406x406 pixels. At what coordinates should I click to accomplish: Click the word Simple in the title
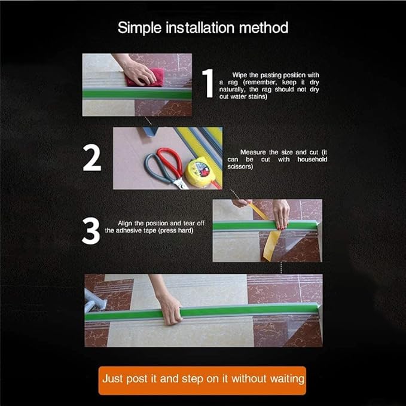139,28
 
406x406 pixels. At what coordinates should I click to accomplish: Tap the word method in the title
264,28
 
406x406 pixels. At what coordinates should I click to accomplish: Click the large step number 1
207,83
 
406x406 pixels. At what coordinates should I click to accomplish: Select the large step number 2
91,158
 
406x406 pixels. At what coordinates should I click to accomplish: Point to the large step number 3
91,231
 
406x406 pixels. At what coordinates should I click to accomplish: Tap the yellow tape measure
200,172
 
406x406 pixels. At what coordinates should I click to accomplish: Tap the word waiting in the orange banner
287,379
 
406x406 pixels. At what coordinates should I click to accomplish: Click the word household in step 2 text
312,159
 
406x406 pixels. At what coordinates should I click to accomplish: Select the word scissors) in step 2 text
240,166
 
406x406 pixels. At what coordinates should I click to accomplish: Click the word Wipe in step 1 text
240,75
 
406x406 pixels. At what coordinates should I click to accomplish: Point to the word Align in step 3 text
125,224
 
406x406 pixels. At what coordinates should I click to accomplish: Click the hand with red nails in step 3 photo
281,213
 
